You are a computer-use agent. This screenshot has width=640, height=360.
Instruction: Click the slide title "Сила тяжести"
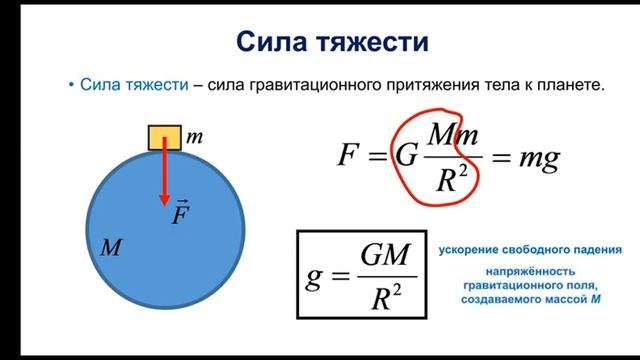[319, 42]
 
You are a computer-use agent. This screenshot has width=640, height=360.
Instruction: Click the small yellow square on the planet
[162, 137]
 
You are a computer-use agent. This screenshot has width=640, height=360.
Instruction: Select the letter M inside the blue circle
[110, 248]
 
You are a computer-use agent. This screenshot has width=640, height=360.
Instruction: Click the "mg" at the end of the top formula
[539, 157]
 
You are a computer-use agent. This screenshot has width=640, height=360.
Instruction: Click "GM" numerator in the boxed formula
[384, 256]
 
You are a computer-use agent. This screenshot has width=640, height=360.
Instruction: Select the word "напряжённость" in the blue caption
[529, 270]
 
